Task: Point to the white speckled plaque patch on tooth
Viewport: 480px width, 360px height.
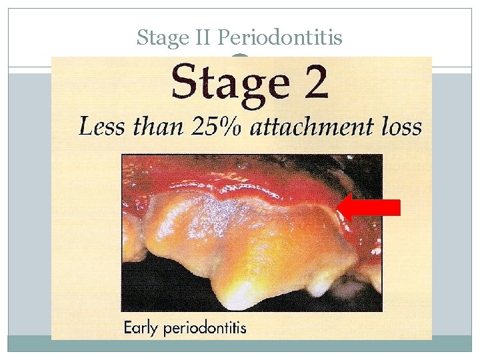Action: pyautogui.click(x=213, y=213)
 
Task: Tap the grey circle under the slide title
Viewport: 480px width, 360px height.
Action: pyautogui.click(x=241, y=59)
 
